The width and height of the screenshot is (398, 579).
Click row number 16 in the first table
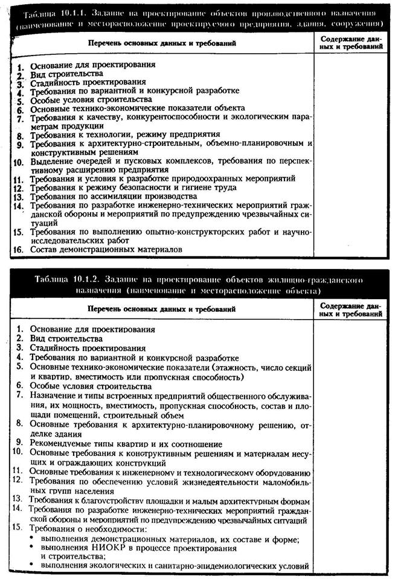[19, 248]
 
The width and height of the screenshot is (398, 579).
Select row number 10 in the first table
[18, 162]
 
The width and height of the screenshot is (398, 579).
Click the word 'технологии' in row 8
[103, 135]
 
